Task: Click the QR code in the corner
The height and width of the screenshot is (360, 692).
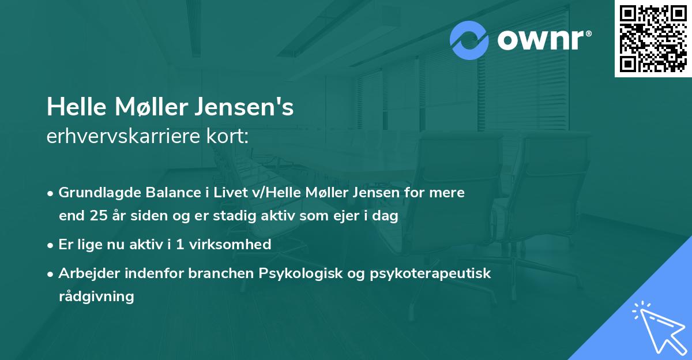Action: point(653,38)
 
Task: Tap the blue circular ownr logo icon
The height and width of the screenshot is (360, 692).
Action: point(469,40)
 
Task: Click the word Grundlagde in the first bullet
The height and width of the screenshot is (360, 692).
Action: point(95,192)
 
